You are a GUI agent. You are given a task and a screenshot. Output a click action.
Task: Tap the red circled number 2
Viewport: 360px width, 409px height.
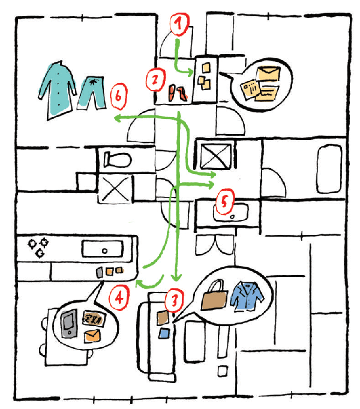(x=155, y=78)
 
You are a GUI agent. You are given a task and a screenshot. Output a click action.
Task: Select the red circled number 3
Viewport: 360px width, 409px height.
(x=173, y=299)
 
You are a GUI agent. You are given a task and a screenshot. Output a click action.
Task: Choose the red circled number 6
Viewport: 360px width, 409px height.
(x=119, y=95)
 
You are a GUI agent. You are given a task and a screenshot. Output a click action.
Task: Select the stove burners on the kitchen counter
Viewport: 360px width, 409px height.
(x=38, y=247)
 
